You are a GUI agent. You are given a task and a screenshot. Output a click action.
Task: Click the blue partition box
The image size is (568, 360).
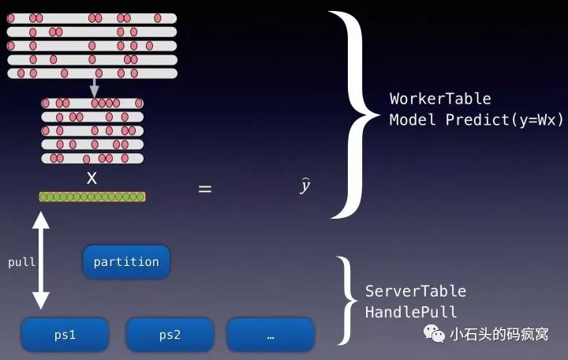[126, 262]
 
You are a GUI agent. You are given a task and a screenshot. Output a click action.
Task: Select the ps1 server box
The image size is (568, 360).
[65, 335]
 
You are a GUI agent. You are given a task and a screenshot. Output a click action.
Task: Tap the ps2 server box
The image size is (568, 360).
[170, 335]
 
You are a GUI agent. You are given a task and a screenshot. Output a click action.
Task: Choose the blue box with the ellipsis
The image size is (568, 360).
[271, 335]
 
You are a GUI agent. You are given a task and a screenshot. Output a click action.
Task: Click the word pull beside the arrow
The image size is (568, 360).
[22, 262]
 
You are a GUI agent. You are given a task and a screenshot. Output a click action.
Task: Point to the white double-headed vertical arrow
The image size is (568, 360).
[41, 261]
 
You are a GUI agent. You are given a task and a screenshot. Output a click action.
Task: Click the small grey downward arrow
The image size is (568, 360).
[94, 88]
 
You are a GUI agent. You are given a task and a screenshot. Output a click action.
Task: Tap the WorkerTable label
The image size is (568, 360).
[440, 99]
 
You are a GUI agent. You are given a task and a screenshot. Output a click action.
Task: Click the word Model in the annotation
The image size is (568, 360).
[413, 120]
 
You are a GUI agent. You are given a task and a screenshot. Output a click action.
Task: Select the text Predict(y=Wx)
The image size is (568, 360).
[504, 120]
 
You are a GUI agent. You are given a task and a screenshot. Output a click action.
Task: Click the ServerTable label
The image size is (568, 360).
[416, 291]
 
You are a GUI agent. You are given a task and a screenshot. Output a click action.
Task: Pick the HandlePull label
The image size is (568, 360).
[411, 312]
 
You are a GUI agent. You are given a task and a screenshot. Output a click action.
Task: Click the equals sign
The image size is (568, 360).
[204, 189]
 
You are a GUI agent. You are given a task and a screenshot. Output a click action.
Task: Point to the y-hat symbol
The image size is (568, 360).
[305, 186]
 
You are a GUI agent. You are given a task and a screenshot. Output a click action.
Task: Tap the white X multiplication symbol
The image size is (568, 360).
[92, 178]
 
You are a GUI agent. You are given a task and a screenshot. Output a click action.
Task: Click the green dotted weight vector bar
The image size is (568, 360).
[92, 197]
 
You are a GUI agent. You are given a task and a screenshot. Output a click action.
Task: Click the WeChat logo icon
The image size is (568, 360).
[434, 333]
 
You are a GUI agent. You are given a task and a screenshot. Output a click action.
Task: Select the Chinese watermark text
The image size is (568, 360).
[499, 334]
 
